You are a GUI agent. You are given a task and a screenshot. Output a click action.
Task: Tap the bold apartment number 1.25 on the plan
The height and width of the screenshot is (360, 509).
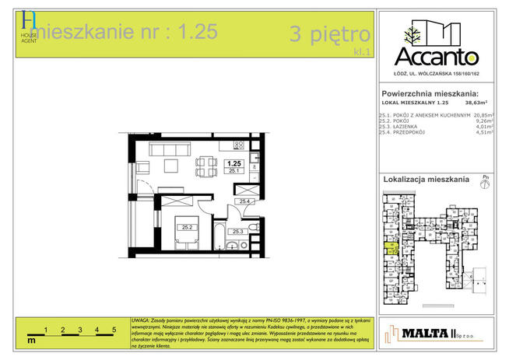coord(233,163)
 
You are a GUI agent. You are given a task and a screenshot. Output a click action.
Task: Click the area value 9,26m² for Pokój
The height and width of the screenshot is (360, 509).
coord(484,121)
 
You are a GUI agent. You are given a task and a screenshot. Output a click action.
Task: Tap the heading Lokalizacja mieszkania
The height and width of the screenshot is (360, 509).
coord(426,180)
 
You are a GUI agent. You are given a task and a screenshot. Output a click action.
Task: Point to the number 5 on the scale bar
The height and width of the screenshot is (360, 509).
coord(114,330)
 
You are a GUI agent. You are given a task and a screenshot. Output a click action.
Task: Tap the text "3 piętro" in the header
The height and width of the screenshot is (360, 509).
coord(329,34)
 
